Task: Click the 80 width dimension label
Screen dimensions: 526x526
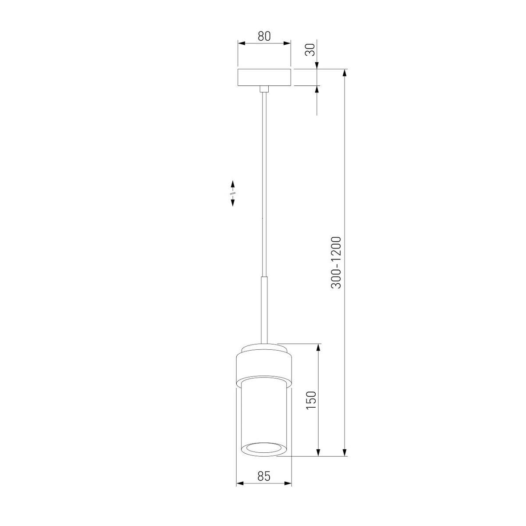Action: tap(264, 36)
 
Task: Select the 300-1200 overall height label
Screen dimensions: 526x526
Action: tap(337, 262)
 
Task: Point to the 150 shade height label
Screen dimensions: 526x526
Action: tap(311, 400)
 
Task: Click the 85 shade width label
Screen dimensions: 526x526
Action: tap(263, 476)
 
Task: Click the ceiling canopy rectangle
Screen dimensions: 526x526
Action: tap(264, 77)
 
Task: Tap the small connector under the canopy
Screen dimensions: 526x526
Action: tap(264, 89)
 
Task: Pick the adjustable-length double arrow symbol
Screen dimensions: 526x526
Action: tap(232, 193)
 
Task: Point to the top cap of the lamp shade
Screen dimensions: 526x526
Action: tap(263, 348)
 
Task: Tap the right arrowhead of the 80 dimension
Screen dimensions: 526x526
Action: tap(288, 43)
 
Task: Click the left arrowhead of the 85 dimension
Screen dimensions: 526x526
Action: tap(239, 484)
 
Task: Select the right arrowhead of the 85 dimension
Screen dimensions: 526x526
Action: tap(288, 484)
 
